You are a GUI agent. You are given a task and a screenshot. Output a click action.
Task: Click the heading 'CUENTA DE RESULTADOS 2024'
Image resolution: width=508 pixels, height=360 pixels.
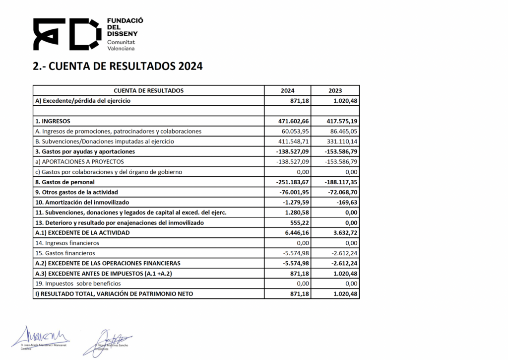coord(118,67)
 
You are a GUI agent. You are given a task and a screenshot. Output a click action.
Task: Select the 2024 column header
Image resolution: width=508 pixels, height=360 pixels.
coord(287,91)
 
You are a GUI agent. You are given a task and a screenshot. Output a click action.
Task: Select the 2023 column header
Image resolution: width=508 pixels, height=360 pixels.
coord(335,91)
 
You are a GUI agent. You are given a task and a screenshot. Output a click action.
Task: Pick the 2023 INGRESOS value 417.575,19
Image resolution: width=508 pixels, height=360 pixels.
coord(340,121)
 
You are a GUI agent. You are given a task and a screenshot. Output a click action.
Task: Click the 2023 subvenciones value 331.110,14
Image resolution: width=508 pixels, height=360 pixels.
coord(340,142)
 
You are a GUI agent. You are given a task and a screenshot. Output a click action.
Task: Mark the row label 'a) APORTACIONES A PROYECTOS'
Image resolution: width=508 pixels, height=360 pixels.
coord(79,161)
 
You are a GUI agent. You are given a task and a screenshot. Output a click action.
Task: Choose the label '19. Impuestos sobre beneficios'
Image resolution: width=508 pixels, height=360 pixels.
coord(77,284)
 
